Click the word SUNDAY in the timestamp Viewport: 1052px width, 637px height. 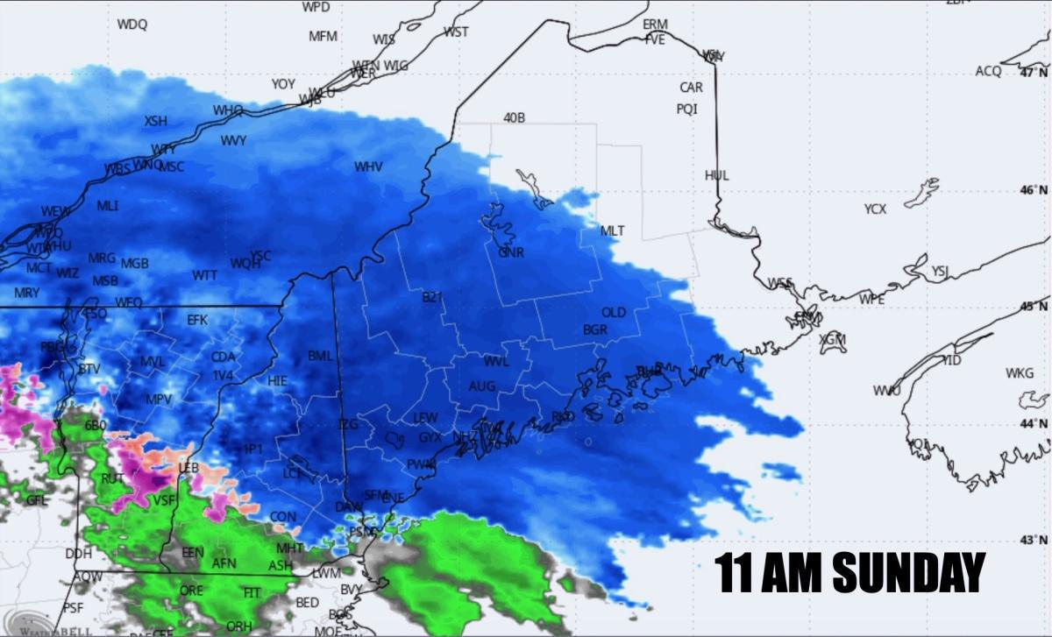(908, 574)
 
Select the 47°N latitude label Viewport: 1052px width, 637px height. (1034, 73)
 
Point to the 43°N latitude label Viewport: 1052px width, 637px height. (1034, 540)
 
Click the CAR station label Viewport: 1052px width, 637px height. (691, 88)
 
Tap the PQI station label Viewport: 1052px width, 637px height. (686, 110)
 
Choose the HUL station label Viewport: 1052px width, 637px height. (716, 175)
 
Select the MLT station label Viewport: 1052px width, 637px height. (612, 231)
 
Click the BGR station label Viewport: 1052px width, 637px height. (594, 330)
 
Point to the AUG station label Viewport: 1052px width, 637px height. (481, 386)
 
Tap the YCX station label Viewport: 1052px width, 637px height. (875, 209)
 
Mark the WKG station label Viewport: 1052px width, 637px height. (1020, 373)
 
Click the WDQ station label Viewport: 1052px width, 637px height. (132, 25)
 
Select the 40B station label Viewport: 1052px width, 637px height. (514, 117)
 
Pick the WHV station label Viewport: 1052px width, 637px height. (368, 166)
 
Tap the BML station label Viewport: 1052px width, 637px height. (320, 357)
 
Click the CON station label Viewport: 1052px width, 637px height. (282, 517)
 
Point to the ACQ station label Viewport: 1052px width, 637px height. (988, 71)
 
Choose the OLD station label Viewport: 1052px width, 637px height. (614, 313)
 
